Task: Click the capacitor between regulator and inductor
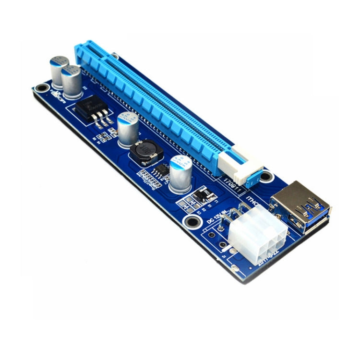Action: (128, 129)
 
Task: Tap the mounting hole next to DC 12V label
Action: (193, 222)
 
